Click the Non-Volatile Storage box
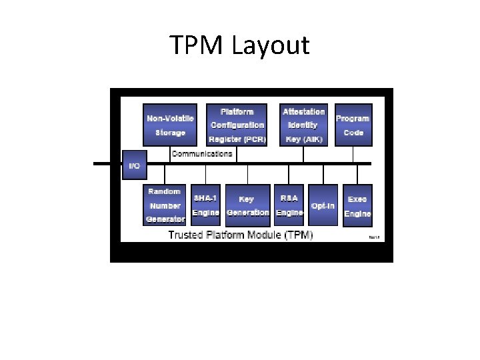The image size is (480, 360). click(170, 125)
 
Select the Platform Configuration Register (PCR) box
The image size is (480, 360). click(237, 125)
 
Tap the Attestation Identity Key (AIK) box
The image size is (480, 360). click(304, 125)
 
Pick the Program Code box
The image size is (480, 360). click(353, 125)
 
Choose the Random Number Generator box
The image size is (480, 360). click(165, 205)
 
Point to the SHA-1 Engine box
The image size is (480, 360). click(205, 205)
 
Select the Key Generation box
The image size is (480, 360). click(247, 205)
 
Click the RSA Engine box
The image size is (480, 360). click(289, 205)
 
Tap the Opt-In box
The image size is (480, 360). click(323, 205)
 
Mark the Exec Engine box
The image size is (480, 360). click(357, 205)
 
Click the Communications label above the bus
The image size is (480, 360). click(202, 154)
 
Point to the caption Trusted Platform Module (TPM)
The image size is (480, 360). click(240, 235)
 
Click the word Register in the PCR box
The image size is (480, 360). click(225, 139)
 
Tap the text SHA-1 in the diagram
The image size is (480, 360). click(205, 198)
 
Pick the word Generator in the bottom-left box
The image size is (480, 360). click(165, 219)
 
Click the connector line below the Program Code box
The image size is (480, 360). click(353, 155)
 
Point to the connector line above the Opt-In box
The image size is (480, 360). click(323, 174)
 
